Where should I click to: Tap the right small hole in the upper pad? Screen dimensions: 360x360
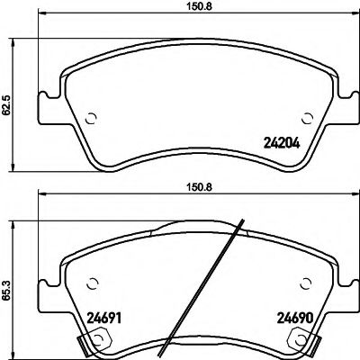307,116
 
